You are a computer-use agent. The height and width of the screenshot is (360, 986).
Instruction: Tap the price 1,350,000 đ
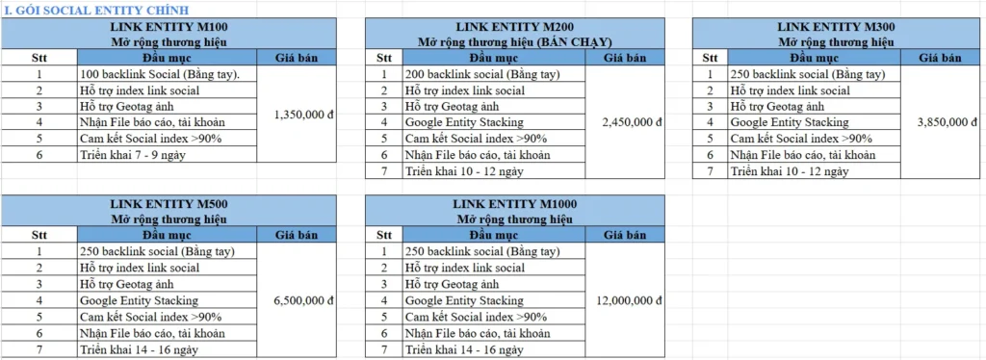click(303, 114)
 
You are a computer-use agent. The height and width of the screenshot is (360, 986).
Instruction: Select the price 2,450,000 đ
click(631, 122)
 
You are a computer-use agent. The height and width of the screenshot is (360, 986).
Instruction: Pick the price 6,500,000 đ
click(303, 300)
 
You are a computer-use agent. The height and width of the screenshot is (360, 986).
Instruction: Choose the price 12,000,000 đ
click(631, 300)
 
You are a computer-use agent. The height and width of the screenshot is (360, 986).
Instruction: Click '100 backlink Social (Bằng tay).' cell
click(160, 74)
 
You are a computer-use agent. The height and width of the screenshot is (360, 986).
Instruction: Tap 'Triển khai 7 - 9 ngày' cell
click(132, 154)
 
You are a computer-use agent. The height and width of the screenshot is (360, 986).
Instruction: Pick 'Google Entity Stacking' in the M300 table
click(790, 122)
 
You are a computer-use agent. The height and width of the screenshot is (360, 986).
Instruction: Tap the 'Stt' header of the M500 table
click(39, 234)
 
